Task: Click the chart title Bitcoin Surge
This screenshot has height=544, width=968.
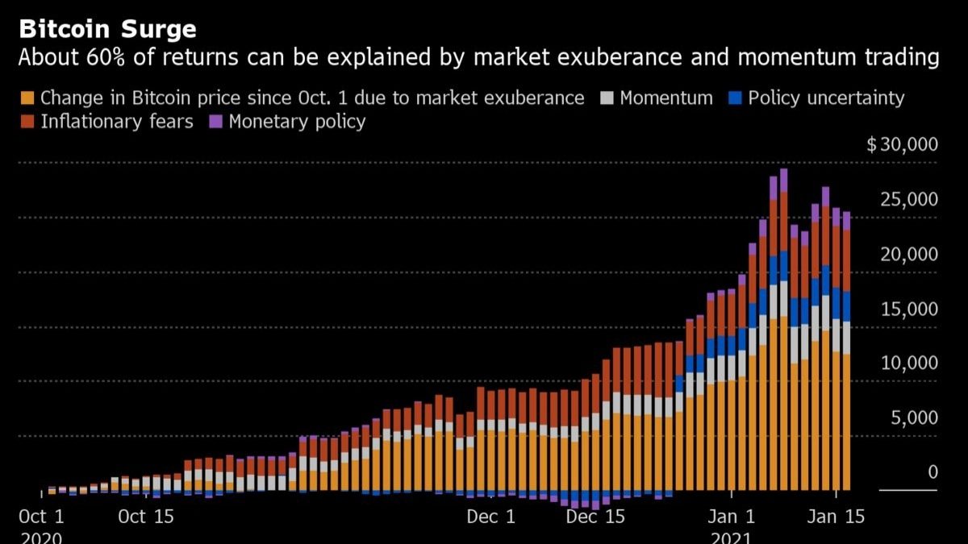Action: point(107,30)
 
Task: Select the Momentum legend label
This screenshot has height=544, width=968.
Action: point(666,98)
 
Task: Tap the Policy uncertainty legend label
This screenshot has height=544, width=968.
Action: point(826,98)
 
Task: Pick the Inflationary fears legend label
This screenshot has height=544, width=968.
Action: point(116,123)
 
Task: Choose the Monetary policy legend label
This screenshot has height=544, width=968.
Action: point(297,123)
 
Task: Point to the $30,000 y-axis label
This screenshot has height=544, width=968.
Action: point(902,145)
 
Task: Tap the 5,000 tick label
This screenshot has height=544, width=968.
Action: point(914,418)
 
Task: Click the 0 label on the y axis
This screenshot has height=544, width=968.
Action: point(933,472)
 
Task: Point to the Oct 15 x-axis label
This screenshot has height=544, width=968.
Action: point(145,517)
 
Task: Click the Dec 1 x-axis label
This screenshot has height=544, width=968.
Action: point(491,517)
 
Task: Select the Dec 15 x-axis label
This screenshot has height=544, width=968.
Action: point(595,517)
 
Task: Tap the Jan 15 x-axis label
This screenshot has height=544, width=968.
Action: point(835,517)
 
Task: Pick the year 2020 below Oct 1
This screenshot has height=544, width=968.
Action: point(40,537)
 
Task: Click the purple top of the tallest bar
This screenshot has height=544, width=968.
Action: point(783,180)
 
